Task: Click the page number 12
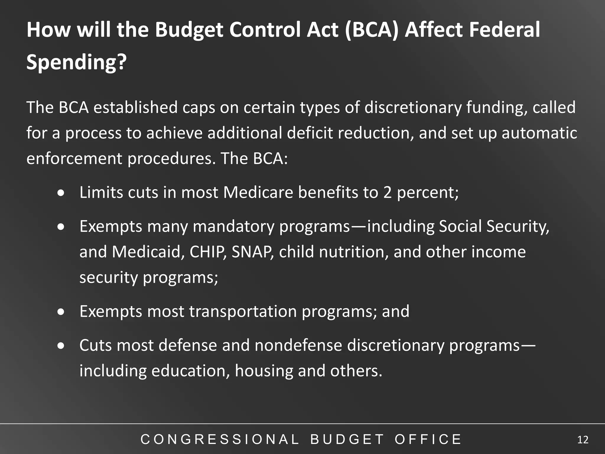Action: (583, 440)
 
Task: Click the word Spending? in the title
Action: (77, 62)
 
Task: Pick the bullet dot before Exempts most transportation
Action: (61, 312)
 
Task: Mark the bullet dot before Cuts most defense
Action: (61, 346)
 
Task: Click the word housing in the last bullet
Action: (264, 371)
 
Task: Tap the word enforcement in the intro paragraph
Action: (74, 158)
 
